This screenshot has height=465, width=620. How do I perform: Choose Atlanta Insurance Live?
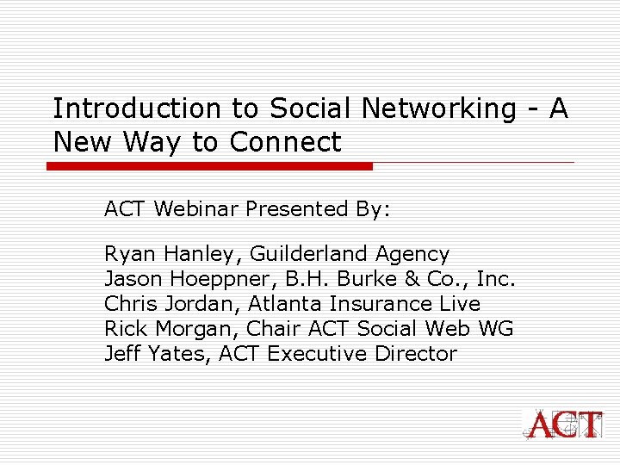pos(364,304)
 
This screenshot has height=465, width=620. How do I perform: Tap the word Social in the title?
pos(311,109)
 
